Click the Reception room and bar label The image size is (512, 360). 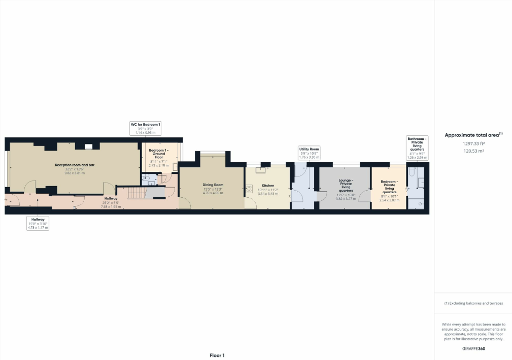click(x=75, y=165)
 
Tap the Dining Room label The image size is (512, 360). click(x=213, y=185)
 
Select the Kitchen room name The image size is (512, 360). click(x=268, y=186)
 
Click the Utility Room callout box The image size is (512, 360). click(x=309, y=153)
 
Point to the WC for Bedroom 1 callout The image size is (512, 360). click(x=146, y=128)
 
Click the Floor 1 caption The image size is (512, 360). click(x=217, y=355)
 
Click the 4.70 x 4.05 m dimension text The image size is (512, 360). click(x=213, y=193)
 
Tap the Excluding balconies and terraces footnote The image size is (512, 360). click(x=473, y=303)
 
